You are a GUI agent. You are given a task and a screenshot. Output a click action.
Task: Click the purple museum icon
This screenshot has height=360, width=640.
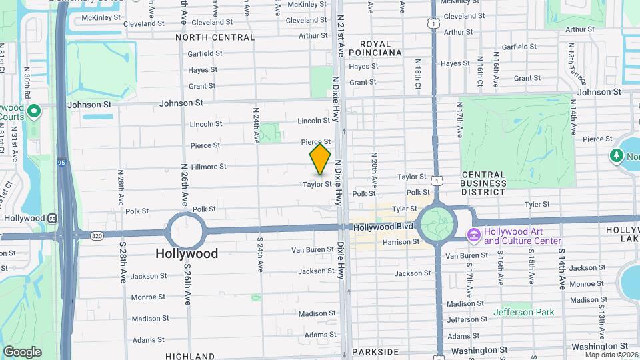[474, 235]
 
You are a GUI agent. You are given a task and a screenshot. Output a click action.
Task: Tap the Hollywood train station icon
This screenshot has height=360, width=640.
[51, 218]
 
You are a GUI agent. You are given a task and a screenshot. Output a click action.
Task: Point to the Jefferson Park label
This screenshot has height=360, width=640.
[523, 312]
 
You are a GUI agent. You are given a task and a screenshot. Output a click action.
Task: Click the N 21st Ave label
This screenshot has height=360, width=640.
[341, 37]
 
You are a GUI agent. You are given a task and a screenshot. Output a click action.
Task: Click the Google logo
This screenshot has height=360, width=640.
[22, 351]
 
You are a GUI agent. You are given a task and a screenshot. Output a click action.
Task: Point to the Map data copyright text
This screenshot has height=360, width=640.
[611, 355]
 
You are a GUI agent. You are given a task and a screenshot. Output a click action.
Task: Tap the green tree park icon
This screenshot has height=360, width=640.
[616, 155]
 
